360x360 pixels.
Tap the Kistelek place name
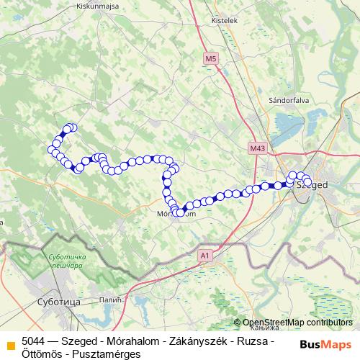(x=224, y=21)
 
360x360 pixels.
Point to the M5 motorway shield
(x=210, y=58)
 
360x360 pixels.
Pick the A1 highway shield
(x=204, y=255)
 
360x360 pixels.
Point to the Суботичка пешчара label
(x=66, y=261)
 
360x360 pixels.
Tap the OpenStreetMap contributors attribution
(x=293, y=323)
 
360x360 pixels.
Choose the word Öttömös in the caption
(x=45, y=353)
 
